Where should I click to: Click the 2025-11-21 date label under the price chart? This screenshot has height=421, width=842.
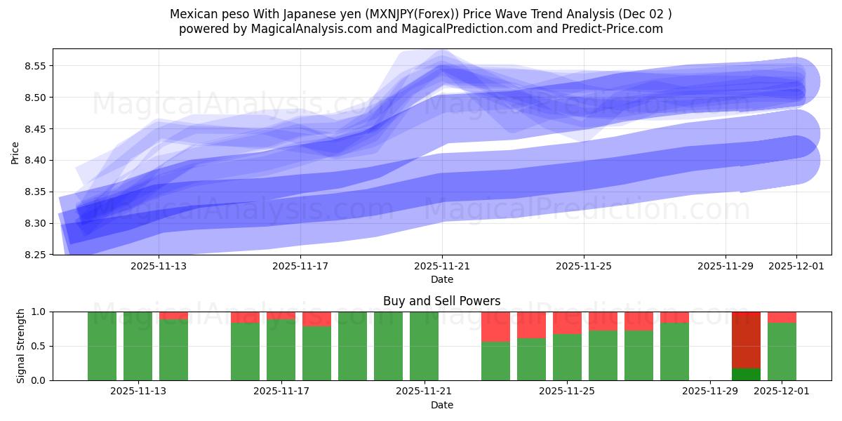[442, 267]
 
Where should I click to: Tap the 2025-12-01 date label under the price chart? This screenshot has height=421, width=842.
[796, 267]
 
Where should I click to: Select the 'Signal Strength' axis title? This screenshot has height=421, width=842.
[21, 346]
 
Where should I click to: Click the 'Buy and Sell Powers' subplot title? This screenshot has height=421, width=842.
[441, 301]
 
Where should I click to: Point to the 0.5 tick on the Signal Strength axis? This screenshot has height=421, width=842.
[39, 346]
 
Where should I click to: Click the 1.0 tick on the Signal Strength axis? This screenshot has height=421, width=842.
[39, 312]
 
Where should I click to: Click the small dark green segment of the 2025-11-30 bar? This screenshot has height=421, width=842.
[746, 374]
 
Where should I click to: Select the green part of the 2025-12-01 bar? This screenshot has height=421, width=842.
[782, 351]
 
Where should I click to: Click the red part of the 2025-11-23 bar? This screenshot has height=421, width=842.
[495, 326]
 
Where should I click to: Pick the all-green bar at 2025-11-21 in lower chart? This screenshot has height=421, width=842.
[424, 346]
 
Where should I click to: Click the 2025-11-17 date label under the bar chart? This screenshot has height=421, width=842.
[282, 392]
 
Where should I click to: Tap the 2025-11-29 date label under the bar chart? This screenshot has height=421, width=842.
[710, 392]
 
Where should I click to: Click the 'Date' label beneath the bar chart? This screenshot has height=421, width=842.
[441, 405]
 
